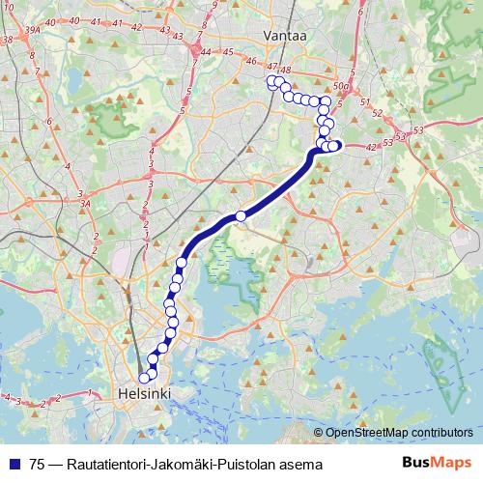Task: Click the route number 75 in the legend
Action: [38, 466]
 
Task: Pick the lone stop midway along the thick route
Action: [241, 215]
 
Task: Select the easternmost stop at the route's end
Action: [334, 146]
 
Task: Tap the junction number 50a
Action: [339, 86]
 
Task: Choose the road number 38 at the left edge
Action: [7, 41]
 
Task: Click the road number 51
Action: [364, 102]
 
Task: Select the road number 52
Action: [377, 114]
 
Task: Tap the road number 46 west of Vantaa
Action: [250, 61]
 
